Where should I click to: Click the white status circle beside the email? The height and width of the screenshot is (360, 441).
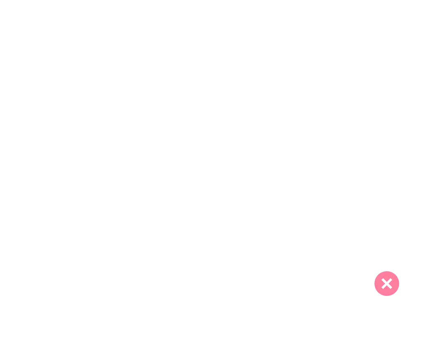pos(387,76)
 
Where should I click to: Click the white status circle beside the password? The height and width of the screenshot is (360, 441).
pos(387,180)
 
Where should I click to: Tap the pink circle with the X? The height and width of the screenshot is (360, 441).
pos(387,283)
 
